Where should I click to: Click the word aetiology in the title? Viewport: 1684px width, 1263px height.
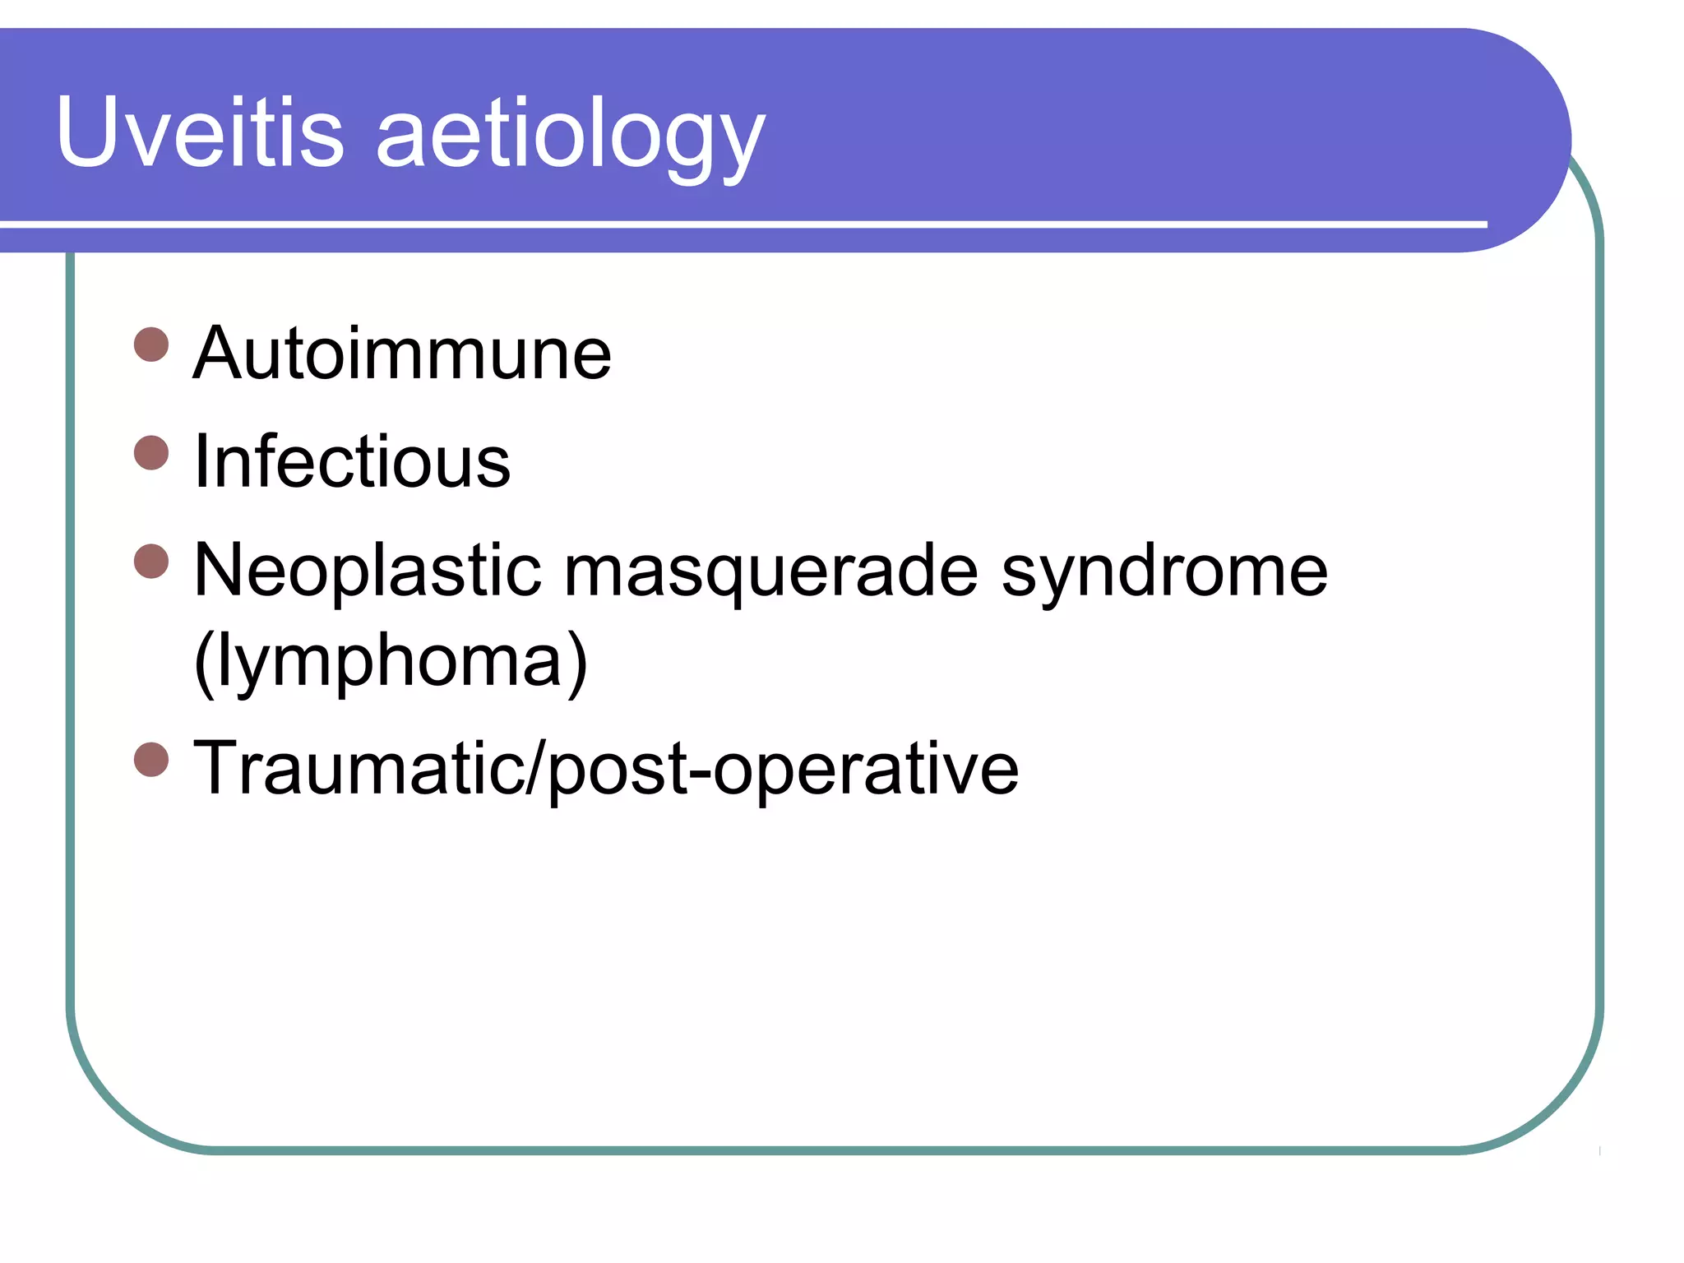click(x=571, y=136)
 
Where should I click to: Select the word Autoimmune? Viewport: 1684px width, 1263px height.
click(x=402, y=354)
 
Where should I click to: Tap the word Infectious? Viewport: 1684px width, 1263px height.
click(x=352, y=461)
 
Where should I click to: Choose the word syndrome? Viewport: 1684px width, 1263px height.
click(x=1164, y=574)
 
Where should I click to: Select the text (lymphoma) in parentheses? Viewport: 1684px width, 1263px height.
click(x=391, y=662)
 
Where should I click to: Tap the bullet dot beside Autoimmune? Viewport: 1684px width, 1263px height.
click(x=151, y=345)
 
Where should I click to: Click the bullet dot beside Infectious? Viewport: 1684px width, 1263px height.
click(x=151, y=452)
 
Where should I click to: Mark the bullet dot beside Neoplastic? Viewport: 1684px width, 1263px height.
click(x=151, y=562)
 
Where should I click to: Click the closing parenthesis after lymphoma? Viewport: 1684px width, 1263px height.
click(x=579, y=662)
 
